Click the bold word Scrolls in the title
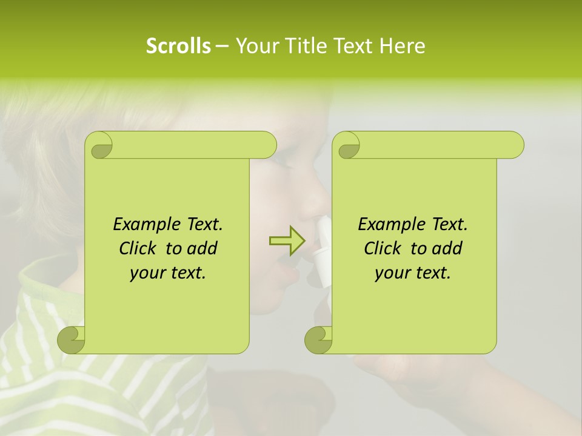178,46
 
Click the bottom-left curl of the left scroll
72,340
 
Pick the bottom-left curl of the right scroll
319,340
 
